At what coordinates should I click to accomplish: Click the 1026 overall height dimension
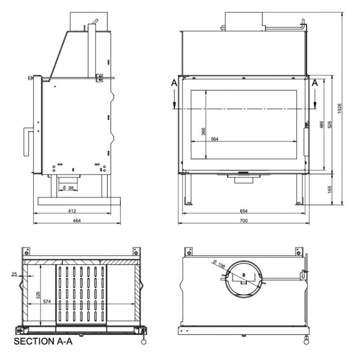(339, 108)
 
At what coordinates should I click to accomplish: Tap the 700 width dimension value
(244, 221)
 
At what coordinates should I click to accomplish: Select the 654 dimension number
(244, 211)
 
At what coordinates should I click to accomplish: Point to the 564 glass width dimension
(214, 139)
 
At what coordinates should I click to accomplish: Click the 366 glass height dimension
(203, 131)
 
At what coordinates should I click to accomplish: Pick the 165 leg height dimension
(329, 189)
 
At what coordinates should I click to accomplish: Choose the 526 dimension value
(329, 124)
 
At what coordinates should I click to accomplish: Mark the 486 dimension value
(321, 124)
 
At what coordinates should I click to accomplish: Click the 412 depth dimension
(72, 211)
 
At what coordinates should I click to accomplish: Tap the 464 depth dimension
(77, 221)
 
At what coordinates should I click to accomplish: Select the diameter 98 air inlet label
(68, 188)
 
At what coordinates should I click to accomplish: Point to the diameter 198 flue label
(219, 264)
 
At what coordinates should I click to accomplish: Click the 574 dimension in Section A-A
(47, 301)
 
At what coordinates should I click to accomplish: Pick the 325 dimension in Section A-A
(38, 295)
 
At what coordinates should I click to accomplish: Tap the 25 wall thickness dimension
(14, 274)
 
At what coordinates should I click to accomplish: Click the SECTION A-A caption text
(43, 341)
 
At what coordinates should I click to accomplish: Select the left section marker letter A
(174, 82)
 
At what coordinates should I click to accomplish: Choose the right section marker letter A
(314, 82)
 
